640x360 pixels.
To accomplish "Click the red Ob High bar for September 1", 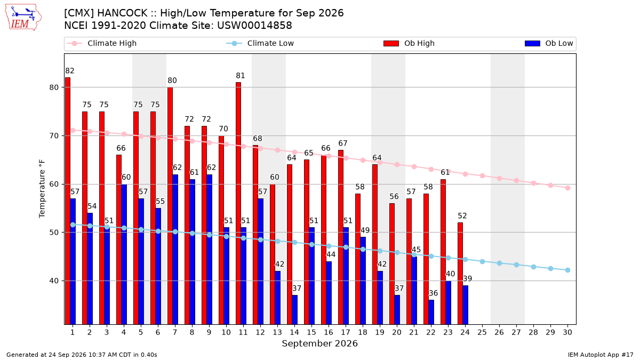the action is (x=68, y=201).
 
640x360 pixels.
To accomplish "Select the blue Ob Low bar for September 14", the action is (x=294, y=310).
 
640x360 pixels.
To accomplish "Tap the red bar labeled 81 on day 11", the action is (x=238, y=203).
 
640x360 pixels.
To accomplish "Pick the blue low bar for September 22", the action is (x=431, y=312).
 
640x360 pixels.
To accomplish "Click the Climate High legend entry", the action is (x=101, y=43).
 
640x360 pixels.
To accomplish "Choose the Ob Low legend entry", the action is (x=549, y=43).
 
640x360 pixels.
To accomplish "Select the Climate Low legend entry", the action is (x=260, y=43).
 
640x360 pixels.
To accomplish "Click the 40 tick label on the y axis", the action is (x=54, y=281).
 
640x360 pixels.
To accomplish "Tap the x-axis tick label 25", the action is (x=482, y=332).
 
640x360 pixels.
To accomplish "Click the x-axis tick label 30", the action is (x=567, y=332).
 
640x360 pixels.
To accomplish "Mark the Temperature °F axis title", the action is (x=42, y=189).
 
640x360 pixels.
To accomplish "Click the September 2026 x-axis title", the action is (x=319, y=343).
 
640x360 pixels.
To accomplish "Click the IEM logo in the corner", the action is (x=23, y=18).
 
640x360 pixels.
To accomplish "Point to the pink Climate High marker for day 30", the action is (x=567, y=188).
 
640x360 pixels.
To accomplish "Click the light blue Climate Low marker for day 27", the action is (x=516, y=265).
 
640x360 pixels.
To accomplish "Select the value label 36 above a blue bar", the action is (x=433, y=293).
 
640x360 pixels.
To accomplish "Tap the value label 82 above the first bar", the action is (x=70, y=71).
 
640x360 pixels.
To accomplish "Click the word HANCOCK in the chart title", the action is (x=122, y=13).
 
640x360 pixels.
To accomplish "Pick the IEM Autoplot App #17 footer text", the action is (x=601, y=355).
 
